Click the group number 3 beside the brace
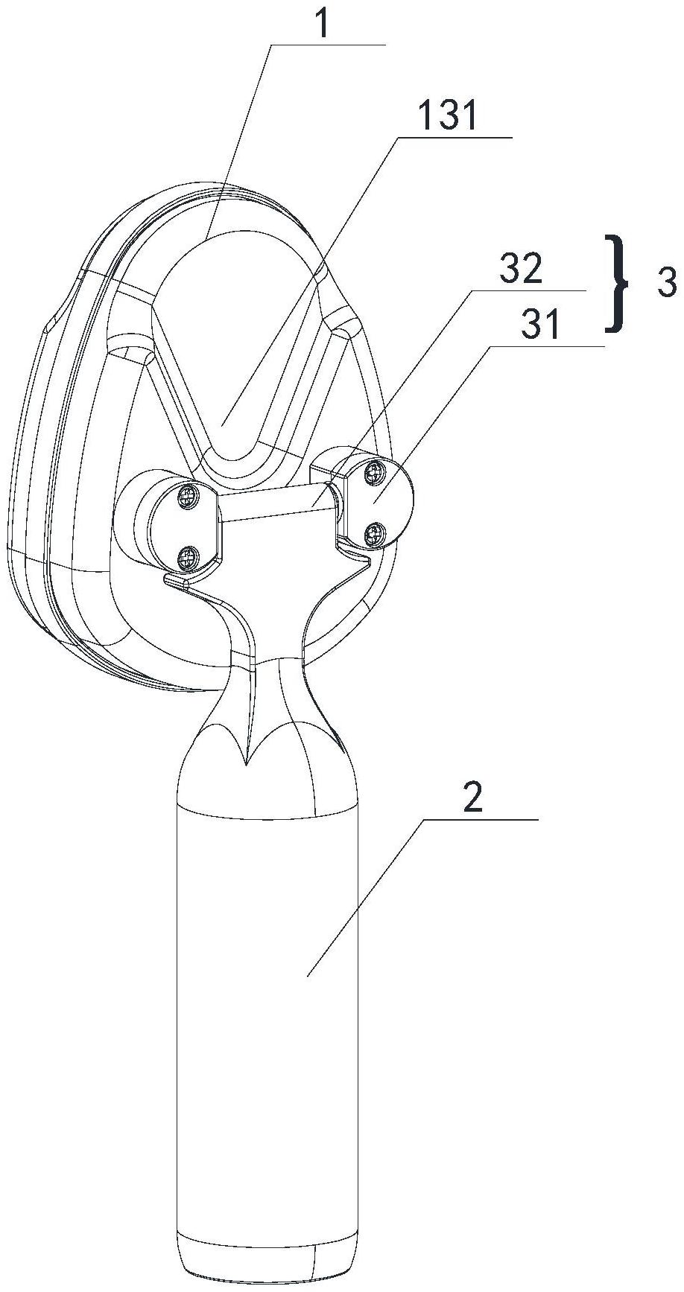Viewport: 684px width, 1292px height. click(x=667, y=284)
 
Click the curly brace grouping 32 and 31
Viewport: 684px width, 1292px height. click(x=615, y=283)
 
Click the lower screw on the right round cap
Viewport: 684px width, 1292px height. click(x=375, y=531)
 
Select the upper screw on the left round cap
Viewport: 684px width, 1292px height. click(x=188, y=494)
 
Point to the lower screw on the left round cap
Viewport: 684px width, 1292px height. click(x=188, y=555)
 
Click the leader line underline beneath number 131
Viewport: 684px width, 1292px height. click(x=455, y=137)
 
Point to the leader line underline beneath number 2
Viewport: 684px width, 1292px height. click(x=481, y=819)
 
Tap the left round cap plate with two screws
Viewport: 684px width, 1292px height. click(x=183, y=524)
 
